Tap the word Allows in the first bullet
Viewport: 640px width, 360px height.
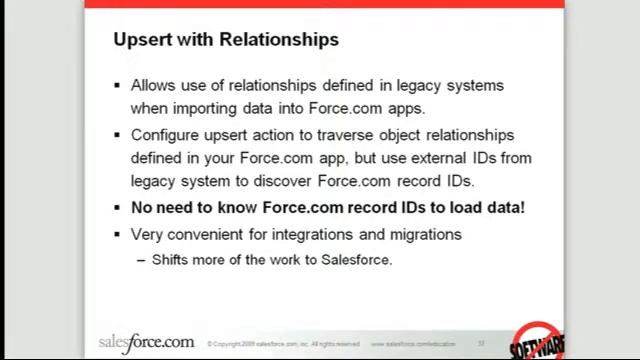point(153,85)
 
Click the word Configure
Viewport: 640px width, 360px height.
point(165,134)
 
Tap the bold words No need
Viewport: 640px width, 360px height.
point(164,208)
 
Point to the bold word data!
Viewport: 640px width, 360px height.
point(503,208)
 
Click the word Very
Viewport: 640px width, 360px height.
point(148,234)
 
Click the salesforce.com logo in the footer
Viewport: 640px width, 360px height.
point(146,342)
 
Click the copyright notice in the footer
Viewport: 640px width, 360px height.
point(283,344)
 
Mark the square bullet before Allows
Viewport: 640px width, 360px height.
point(118,86)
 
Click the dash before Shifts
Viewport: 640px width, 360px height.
point(140,260)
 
